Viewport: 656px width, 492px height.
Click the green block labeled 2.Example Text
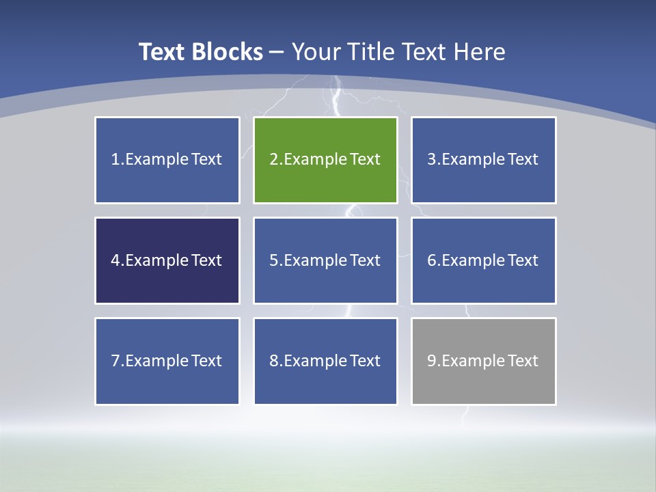325,160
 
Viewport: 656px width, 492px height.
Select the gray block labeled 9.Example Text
483,361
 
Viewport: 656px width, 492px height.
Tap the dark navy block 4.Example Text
167,260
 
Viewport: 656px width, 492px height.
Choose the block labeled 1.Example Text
167,160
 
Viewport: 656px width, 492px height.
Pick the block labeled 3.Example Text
483,160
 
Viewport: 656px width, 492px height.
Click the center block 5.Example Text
325,260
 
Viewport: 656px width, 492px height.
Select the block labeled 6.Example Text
483,260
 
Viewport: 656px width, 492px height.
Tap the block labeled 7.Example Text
167,361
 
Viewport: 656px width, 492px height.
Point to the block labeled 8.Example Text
325,361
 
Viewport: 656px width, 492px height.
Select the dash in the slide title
277,52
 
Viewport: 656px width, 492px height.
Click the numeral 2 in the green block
273,160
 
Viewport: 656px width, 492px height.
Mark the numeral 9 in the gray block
432,361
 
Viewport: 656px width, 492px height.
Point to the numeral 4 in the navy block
115,260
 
